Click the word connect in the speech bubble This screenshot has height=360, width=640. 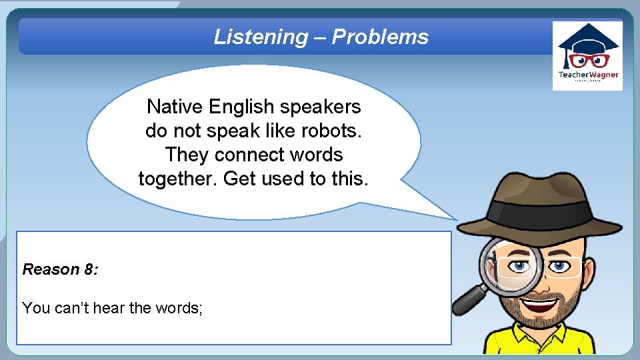point(254,155)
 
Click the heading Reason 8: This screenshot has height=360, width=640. point(61,269)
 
